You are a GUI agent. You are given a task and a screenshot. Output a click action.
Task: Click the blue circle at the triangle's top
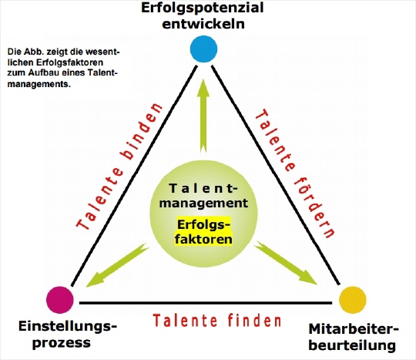point(203,49)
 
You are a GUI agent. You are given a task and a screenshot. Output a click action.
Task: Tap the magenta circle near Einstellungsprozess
point(60,300)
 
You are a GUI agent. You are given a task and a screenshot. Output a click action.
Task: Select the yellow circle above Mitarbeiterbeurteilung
point(353,300)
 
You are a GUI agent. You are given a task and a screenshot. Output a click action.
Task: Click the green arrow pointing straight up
point(203,116)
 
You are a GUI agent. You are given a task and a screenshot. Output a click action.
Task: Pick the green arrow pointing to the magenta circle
point(117,265)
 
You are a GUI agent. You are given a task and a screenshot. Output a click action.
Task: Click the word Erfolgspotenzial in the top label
point(202,8)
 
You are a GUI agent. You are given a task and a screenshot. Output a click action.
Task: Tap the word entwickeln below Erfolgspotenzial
point(203,24)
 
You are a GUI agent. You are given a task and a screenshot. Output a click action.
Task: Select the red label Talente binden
point(119,166)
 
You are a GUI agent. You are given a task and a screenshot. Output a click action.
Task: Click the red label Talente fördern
point(294,174)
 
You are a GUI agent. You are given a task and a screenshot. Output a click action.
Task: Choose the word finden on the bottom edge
point(254,320)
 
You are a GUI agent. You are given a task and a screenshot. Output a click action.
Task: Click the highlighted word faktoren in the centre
point(203,239)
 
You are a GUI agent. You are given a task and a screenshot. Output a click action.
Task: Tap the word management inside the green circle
point(203,204)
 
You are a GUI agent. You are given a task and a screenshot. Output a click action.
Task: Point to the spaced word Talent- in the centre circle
point(203,189)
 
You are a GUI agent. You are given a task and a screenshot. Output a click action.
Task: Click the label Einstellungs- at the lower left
point(68,327)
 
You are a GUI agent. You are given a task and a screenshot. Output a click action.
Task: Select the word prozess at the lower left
point(62,343)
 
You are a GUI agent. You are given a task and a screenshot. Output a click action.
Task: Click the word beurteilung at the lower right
point(352,345)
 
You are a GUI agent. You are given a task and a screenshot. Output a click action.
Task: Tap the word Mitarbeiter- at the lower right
point(354,329)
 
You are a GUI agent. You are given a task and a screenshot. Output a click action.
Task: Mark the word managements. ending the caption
point(39,85)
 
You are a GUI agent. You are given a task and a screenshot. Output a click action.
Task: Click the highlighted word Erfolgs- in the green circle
point(203,224)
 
